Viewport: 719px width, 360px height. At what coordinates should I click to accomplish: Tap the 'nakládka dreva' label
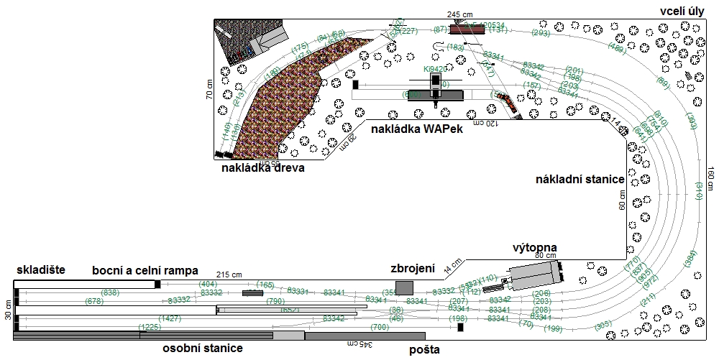tap(263, 169)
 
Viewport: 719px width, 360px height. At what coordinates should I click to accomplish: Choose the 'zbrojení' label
tap(413, 268)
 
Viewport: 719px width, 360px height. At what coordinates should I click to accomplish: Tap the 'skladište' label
tap(40, 270)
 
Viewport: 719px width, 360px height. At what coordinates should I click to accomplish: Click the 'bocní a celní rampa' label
tap(145, 271)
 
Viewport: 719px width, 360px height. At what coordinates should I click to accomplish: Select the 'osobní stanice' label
tap(201, 349)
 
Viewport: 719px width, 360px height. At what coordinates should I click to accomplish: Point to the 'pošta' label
tap(424, 350)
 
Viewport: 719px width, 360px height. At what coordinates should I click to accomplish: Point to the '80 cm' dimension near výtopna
tap(546, 256)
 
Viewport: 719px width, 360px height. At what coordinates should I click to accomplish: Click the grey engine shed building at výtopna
tap(533, 273)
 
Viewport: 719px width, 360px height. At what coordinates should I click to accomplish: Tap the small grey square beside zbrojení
tap(404, 288)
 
